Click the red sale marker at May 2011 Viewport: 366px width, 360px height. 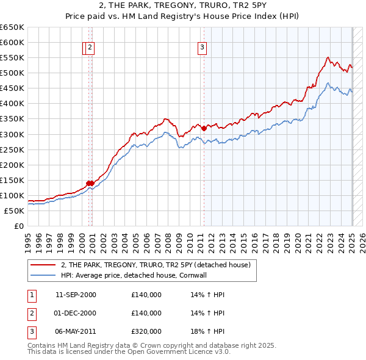coord(204,128)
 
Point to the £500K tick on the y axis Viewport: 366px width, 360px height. coord(13,73)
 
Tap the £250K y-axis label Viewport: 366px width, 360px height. coord(13,149)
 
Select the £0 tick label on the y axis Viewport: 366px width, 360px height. coord(19,226)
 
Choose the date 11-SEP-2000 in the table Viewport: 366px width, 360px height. coord(76,295)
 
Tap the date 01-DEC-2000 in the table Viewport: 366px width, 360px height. coord(76,313)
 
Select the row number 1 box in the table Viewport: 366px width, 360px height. coord(30,295)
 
